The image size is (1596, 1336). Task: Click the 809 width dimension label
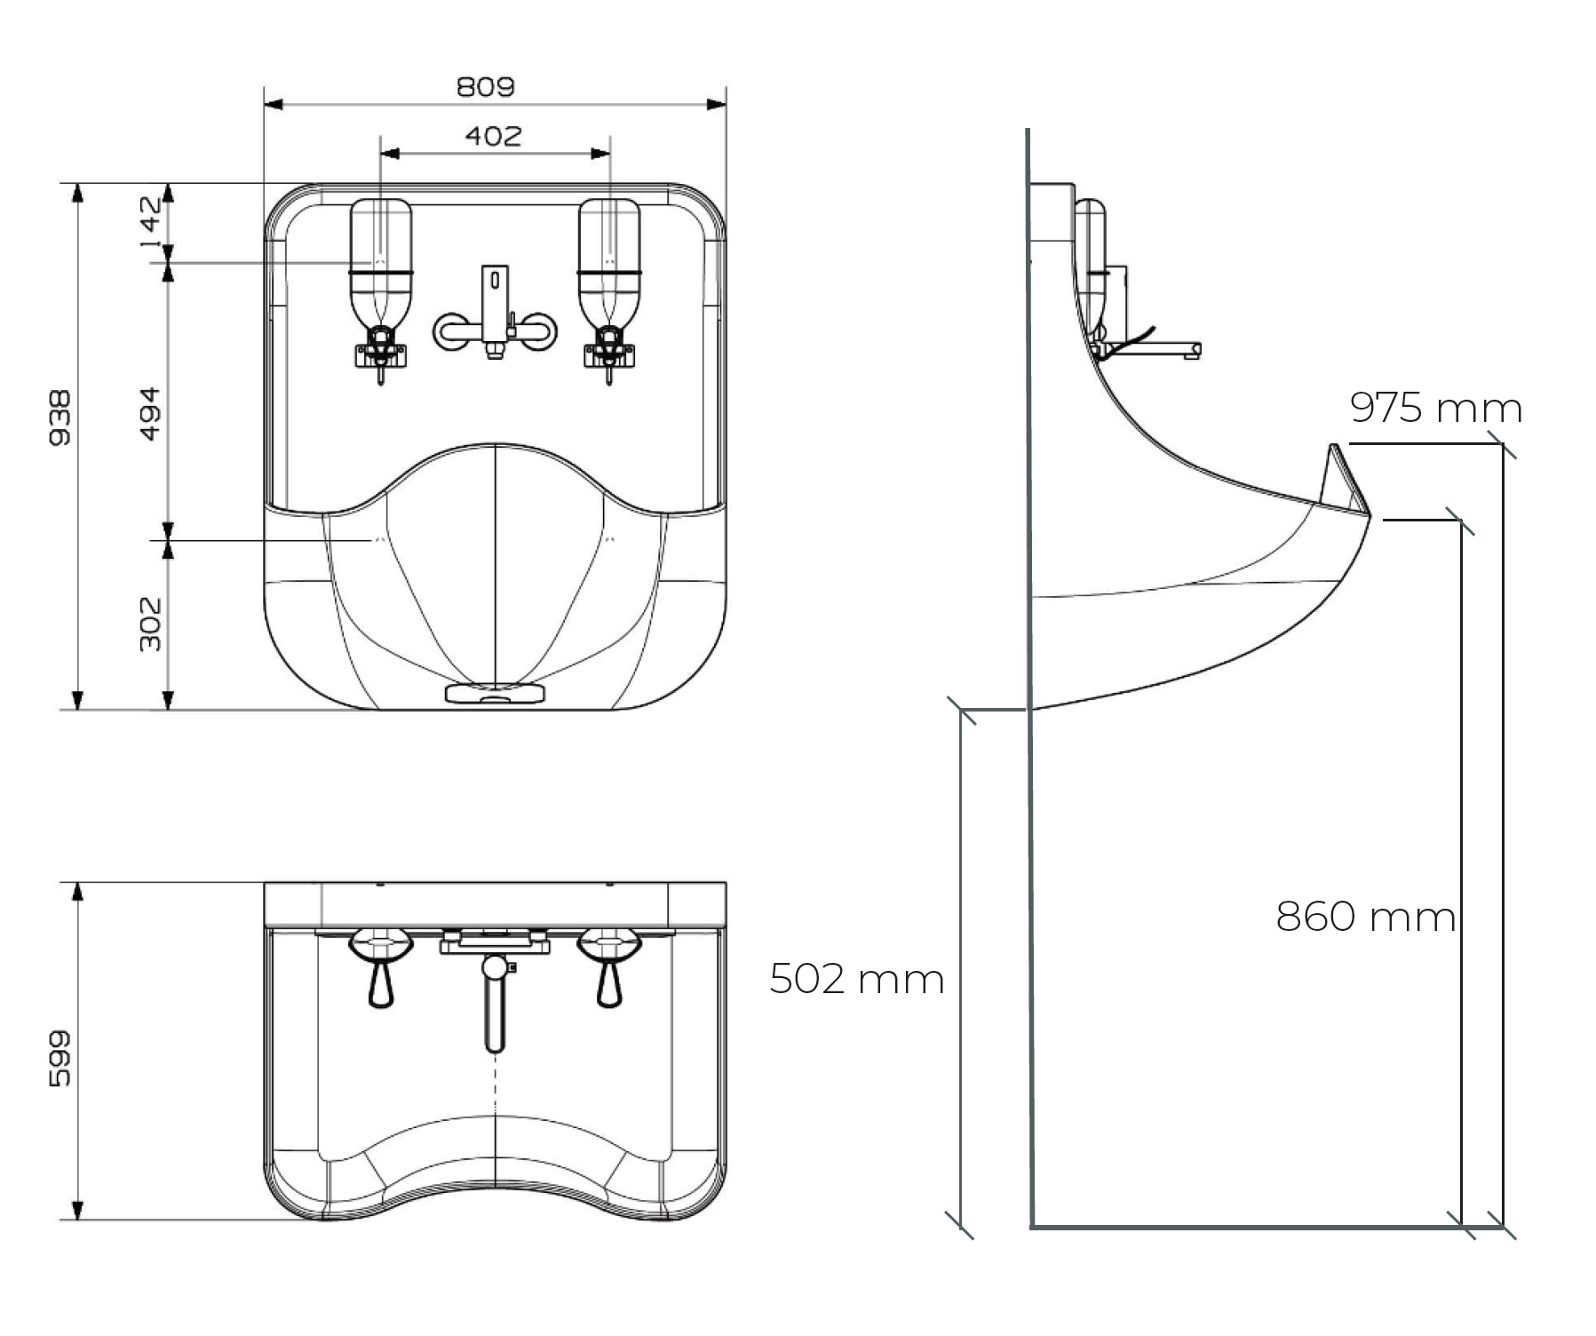click(485, 87)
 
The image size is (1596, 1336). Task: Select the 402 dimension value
click(493, 136)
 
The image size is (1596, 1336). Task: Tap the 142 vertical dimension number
click(150, 221)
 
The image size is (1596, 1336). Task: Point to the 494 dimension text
click(150, 413)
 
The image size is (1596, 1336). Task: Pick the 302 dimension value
click(150, 624)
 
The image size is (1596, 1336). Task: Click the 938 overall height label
click(60, 417)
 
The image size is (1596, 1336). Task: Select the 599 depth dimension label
click(60, 1058)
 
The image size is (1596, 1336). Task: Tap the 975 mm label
click(1435, 409)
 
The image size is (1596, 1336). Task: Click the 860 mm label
click(1365, 917)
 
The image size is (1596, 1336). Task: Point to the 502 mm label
click(856, 980)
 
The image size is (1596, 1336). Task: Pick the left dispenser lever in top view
click(381, 982)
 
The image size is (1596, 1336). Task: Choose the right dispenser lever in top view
click(609, 982)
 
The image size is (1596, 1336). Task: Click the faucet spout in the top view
click(495, 1004)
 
